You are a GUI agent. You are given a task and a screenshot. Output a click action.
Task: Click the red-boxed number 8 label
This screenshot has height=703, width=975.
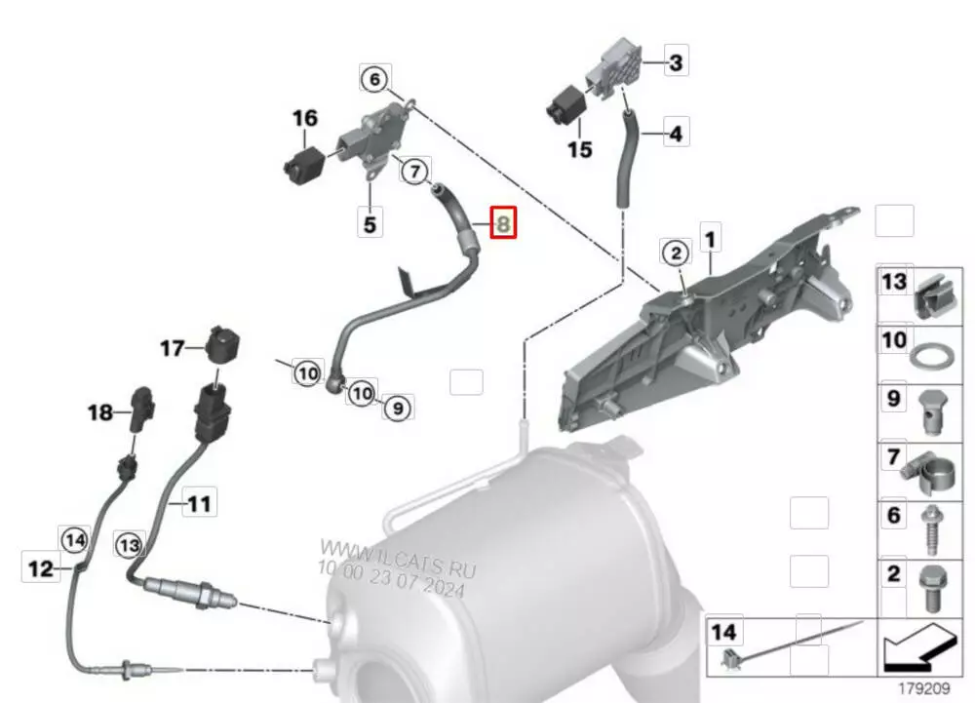(503, 222)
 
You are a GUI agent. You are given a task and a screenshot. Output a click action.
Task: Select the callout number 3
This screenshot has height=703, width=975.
(676, 61)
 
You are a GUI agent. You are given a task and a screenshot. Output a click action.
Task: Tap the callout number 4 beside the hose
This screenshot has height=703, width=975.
(676, 133)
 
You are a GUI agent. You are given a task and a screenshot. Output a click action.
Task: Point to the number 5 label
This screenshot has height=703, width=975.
(370, 223)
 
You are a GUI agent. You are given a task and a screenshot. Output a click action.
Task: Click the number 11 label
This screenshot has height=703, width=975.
(200, 503)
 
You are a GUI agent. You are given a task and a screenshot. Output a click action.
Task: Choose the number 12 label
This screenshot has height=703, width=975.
(41, 567)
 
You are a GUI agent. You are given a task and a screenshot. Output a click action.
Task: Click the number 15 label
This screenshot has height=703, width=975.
(579, 149)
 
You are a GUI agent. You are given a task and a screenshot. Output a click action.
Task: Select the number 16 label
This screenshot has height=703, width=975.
(304, 118)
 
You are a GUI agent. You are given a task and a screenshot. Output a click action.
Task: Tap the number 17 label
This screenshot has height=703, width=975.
(173, 348)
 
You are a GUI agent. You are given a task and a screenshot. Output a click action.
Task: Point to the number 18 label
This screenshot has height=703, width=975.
(100, 412)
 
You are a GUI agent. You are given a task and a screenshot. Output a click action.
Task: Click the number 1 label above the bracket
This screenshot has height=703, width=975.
(710, 239)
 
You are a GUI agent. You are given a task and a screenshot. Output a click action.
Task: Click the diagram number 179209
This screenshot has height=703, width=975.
(924, 688)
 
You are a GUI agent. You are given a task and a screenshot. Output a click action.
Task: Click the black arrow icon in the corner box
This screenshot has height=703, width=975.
(919, 649)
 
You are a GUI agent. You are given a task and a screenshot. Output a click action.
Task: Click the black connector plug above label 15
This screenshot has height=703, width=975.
(565, 105)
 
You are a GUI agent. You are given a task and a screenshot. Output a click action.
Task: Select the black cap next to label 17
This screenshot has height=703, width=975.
(222, 344)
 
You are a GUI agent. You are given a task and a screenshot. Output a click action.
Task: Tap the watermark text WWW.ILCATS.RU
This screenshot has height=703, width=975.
(398, 559)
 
